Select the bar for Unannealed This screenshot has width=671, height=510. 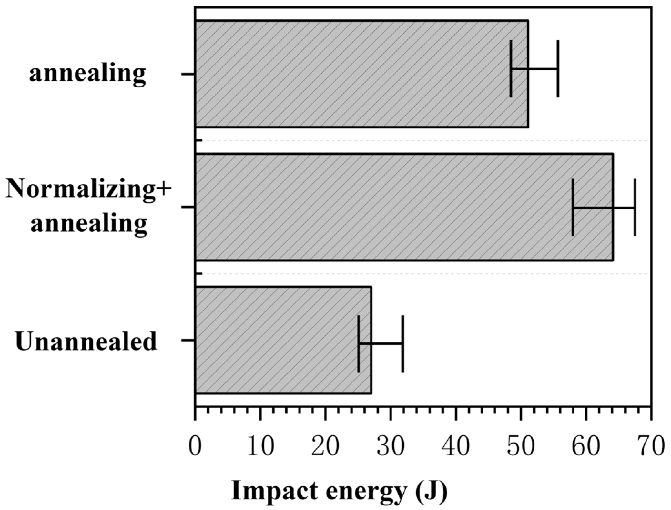pyautogui.click(x=283, y=340)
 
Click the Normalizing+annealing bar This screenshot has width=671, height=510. pyautogui.click(x=403, y=207)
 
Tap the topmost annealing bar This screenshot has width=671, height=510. pyautogui.click(x=361, y=74)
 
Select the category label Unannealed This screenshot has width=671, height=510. pyautogui.click(x=86, y=342)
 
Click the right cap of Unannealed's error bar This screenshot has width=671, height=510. pyautogui.click(x=403, y=344)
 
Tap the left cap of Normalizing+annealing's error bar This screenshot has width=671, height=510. pyautogui.click(x=573, y=207)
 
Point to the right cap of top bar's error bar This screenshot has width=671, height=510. pyautogui.click(x=558, y=68)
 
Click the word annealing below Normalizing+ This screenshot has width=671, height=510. pyautogui.click(x=89, y=223)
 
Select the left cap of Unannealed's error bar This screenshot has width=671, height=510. pyautogui.click(x=359, y=344)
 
